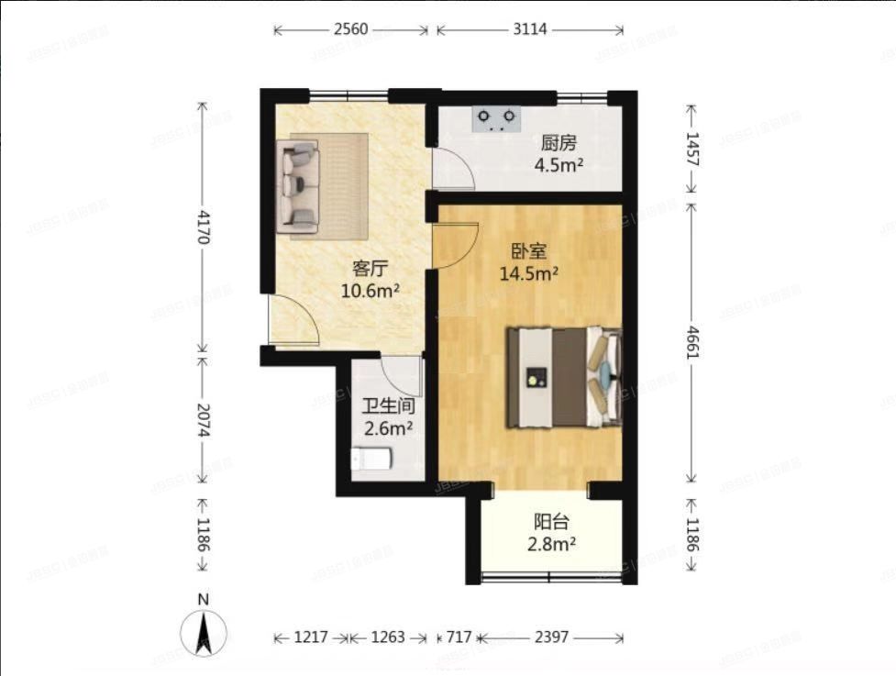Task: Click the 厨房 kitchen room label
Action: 559,142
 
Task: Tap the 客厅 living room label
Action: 371,269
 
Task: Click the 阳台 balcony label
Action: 551,523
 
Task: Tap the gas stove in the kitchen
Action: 496,118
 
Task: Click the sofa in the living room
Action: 301,183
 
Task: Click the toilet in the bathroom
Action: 372,457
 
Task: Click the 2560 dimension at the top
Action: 350,29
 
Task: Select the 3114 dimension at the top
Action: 529,29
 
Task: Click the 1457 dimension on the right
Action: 691,149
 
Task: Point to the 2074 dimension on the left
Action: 203,423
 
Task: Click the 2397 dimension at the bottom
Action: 551,637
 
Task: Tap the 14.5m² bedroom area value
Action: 528,272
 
